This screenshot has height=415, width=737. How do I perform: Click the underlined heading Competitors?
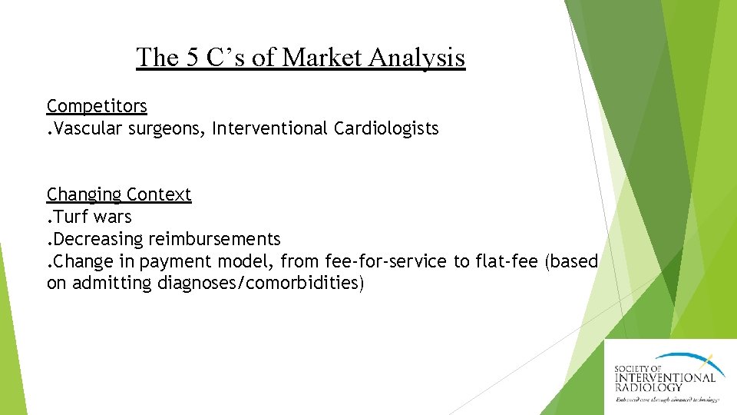coord(97,106)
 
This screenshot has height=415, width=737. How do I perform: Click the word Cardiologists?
coord(386,128)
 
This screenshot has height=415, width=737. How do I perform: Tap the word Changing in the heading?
coord(84,195)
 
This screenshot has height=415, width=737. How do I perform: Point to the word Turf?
coord(73,217)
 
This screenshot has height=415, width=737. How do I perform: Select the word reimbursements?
coord(214,240)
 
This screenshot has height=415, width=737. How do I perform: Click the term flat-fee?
coord(507,261)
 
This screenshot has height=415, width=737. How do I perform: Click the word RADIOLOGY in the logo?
coord(649,387)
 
